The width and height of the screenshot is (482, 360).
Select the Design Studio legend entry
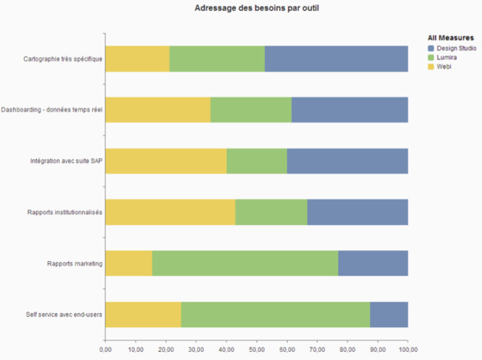point(456,48)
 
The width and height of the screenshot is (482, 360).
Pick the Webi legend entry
point(444,67)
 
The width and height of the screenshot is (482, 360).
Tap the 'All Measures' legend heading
point(450,37)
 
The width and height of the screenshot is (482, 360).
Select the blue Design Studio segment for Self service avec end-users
point(389,315)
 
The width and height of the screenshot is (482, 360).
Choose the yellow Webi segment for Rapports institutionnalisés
point(170,212)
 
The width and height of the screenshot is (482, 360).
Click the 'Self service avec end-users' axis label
point(64,315)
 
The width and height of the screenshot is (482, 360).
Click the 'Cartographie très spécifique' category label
point(63,59)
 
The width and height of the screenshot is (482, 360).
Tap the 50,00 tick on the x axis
point(256,349)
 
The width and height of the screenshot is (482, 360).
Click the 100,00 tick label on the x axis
point(408,349)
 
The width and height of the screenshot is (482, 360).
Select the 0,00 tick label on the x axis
point(105,349)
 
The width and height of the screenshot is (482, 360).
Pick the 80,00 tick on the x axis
point(347,349)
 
